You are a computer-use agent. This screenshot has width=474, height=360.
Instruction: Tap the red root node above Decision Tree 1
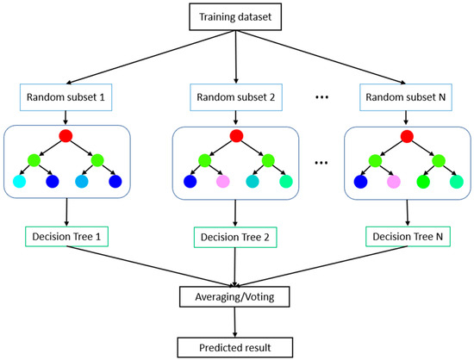tap(65, 136)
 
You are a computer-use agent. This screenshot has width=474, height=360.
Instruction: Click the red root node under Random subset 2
tap(236, 136)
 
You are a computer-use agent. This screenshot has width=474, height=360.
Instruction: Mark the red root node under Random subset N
tap(407, 136)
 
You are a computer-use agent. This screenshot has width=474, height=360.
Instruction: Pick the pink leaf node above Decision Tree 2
tap(223, 183)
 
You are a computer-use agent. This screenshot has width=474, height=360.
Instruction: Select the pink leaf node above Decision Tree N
tap(394, 183)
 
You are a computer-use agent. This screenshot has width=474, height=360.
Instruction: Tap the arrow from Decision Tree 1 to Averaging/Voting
tap(147, 269)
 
